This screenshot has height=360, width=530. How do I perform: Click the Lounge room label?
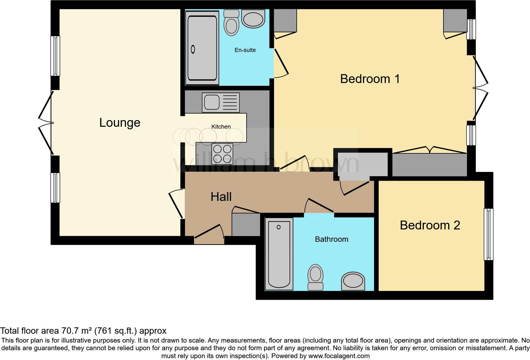[x=120, y=123]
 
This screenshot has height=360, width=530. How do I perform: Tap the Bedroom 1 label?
[x=370, y=79]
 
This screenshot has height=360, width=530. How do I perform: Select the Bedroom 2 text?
[x=430, y=225]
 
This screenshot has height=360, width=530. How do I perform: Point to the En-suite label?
[x=245, y=50]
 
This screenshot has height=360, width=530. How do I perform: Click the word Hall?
[x=221, y=197]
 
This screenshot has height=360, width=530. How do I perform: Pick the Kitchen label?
[x=221, y=127]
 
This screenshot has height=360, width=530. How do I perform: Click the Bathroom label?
[x=331, y=239]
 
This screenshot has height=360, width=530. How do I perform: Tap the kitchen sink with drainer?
[x=221, y=103]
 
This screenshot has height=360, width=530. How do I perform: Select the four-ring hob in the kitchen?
[x=222, y=154]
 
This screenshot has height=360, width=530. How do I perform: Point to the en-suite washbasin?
[x=253, y=18]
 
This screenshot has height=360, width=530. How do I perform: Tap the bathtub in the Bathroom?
[x=279, y=254]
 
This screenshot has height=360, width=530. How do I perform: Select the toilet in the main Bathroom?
[x=315, y=277]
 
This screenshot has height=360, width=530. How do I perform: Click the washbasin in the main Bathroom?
[x=353, y=281]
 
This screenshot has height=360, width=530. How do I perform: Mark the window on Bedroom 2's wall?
[x=488, y=234]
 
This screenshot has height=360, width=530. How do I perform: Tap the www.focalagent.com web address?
[x=339, y=356]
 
